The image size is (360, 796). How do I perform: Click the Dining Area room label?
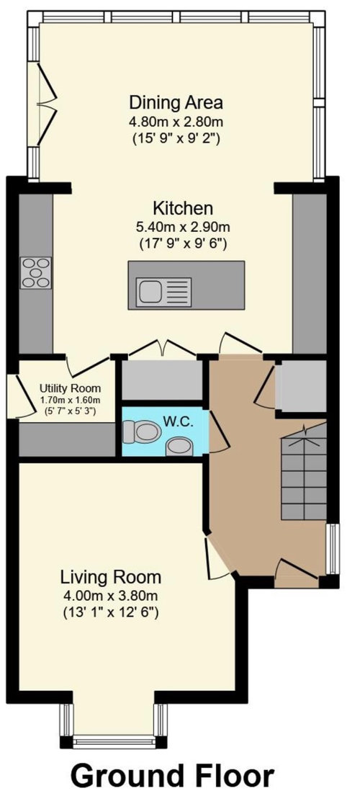pyautogui.click(x=176, y=101)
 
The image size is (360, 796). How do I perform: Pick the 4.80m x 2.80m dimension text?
pyautogui.click(x=176, y=119)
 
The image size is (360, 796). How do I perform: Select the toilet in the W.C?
pyautogui.click(x=142, y=433)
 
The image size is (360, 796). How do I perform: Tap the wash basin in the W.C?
pyautogui.click(x=179, y=447)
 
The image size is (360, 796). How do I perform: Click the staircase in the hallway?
pyautogui.click(x=302, y=475)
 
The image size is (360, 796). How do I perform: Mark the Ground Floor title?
pyautogui.click(x=173, y=776)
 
